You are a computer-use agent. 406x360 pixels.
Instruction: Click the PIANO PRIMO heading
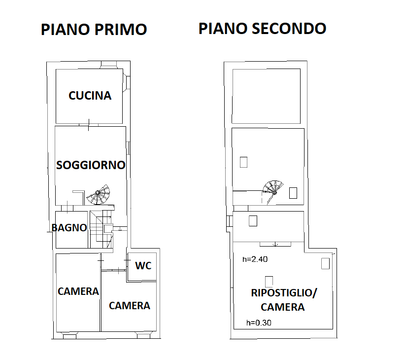(94, 29)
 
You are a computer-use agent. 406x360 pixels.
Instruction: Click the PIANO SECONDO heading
(262, 29)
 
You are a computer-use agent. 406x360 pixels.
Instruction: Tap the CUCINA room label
(90, 96)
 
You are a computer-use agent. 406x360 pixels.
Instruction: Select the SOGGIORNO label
(91, 165)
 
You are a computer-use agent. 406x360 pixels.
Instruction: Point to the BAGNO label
(69, 228)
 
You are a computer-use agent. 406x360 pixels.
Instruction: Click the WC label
(143, 266)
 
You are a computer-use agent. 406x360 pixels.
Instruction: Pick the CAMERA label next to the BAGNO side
(78, 291)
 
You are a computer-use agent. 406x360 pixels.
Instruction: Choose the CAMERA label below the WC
(130, 306)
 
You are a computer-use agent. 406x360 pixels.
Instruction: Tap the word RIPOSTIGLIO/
(284, 293)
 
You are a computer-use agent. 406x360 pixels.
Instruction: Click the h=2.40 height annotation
(255, 259)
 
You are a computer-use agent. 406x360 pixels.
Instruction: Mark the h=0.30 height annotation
(259, 323)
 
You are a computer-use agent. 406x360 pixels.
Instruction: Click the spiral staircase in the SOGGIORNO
(99, 195)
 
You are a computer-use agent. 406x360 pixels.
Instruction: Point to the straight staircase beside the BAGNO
(101, 229)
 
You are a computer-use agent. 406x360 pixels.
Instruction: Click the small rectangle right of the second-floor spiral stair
(293, 193)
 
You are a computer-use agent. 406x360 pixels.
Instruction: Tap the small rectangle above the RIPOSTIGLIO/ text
(269, 282)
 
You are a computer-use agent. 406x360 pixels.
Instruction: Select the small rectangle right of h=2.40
(326, 263)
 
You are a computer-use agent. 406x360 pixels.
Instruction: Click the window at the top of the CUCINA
(108, 65)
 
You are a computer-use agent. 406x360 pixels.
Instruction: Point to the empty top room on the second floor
(266, 96)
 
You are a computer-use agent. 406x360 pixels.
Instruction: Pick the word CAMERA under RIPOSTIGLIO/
(282, 307)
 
